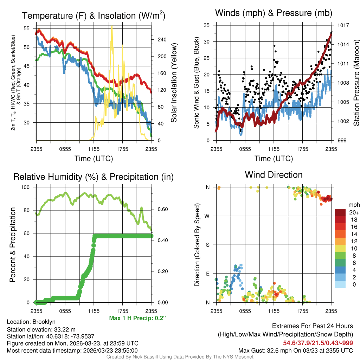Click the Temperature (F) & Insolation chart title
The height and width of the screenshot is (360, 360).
(94, 15)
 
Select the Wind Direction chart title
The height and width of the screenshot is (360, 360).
(274, 175)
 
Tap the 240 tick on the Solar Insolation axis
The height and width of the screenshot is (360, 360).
(162, 39)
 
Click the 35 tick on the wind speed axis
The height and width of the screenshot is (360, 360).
(206, 25)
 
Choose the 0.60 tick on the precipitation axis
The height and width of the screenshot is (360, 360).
(162, 210)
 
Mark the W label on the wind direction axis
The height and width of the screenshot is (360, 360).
(207, 216)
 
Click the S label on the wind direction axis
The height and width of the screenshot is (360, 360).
(207, 245)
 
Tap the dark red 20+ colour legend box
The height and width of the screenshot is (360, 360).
(340, 212)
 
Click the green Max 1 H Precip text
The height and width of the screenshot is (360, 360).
(137, 318)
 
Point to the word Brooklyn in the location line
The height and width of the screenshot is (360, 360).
(44, 322)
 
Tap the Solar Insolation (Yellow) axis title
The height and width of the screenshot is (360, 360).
(174, 83)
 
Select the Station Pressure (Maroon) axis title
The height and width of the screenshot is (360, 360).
(356, 83)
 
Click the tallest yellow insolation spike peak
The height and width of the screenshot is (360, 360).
(112, 27)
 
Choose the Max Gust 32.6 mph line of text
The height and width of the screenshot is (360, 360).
(295, 350)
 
